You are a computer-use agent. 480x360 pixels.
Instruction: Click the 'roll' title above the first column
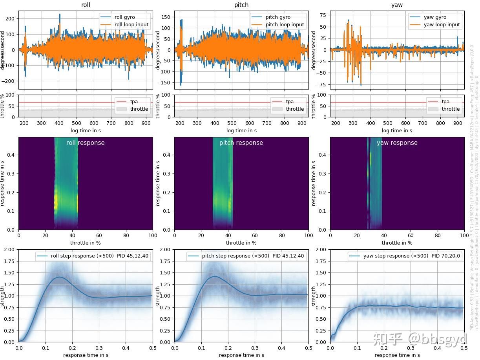pyautogui.click(x=86, y=5)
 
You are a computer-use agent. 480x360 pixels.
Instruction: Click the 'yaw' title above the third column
pyautogui.click(x=397, y=5)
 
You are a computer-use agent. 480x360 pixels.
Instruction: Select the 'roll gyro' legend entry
pyautogui.click(x=124, y=17)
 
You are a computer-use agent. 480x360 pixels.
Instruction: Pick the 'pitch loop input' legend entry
pyautogui.click(x=285, y=24)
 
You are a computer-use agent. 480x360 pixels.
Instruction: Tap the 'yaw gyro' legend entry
pyautogui.click(x=435, y=17)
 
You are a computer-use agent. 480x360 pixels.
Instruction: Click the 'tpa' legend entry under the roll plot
pyautogui.click(x=134, y=101)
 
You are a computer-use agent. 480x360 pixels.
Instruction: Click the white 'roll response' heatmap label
pyautogui.click(x=86, y=143)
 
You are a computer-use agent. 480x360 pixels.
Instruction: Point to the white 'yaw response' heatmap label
pyautogui.click(x=397, y=143)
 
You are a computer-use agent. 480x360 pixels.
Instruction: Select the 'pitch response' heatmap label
pyautogui.click(x=241, y=143)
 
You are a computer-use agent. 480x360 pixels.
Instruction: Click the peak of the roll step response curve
pyautogui.click(x=60, y=277)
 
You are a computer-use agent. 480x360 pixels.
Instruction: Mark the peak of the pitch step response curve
pyautogui.click(x=215, y=276)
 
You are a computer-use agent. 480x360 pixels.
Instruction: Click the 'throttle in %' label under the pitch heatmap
pyautogui.click(x=241, y=243)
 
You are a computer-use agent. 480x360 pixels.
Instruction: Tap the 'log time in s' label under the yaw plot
pyautogui.click(x=397, y=130)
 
